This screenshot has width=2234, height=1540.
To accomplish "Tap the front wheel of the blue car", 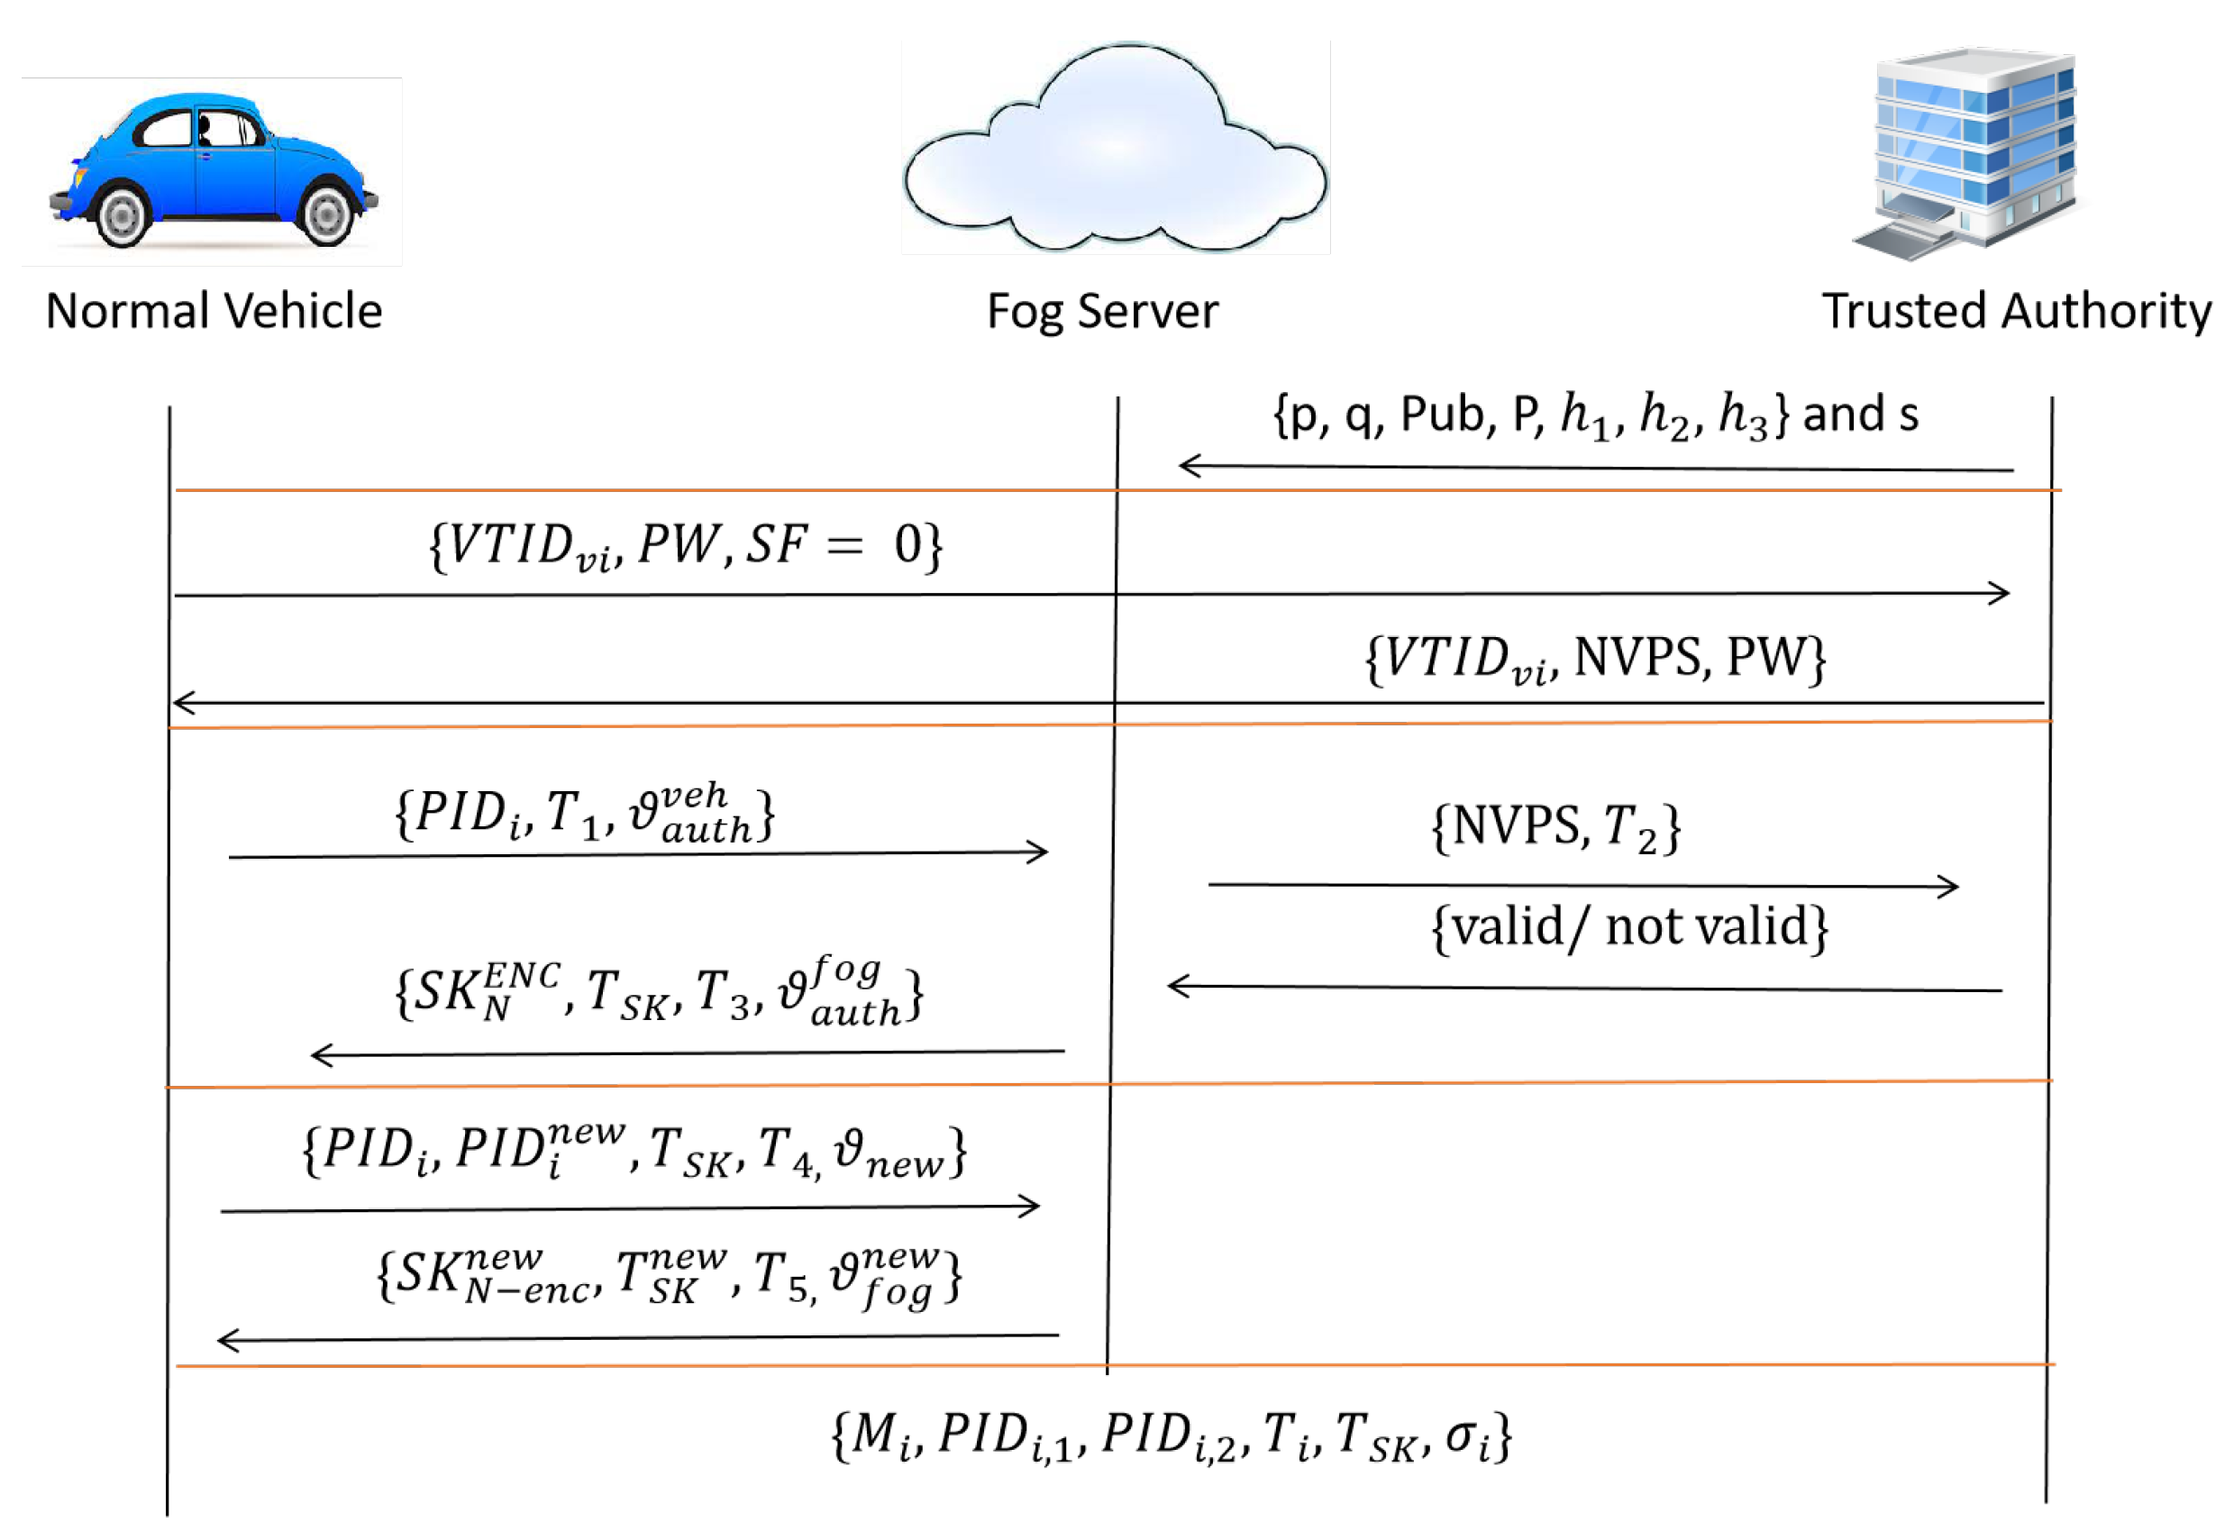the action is tap(123, 216).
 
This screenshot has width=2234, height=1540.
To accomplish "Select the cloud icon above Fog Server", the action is tap(1115, 147).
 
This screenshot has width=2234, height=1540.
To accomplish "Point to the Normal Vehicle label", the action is tap(214, 311).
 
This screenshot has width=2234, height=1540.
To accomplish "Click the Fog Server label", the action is tap(1102, 312).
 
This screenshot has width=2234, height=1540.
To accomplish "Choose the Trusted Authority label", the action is tap(2017, 312).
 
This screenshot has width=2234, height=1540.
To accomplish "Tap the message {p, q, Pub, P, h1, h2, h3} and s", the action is tap(1595, 415).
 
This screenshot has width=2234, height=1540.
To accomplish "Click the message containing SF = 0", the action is tap(685, 546).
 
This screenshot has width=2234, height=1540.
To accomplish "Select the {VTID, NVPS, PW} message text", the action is tap(1595, 659).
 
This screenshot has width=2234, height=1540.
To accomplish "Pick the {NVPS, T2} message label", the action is tap(1555, 827).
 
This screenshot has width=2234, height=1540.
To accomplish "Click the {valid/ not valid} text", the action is tap(1629, 927).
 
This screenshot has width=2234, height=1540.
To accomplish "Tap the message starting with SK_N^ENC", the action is tap(659, 993).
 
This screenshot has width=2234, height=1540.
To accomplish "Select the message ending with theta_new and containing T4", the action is tap(634, 1150).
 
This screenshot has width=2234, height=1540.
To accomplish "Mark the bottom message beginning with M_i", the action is tap(1171, 1436).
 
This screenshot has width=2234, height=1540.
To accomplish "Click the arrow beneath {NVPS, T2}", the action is tap(1583, 886).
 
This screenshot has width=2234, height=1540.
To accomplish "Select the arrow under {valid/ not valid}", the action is tap(1584, 989).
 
